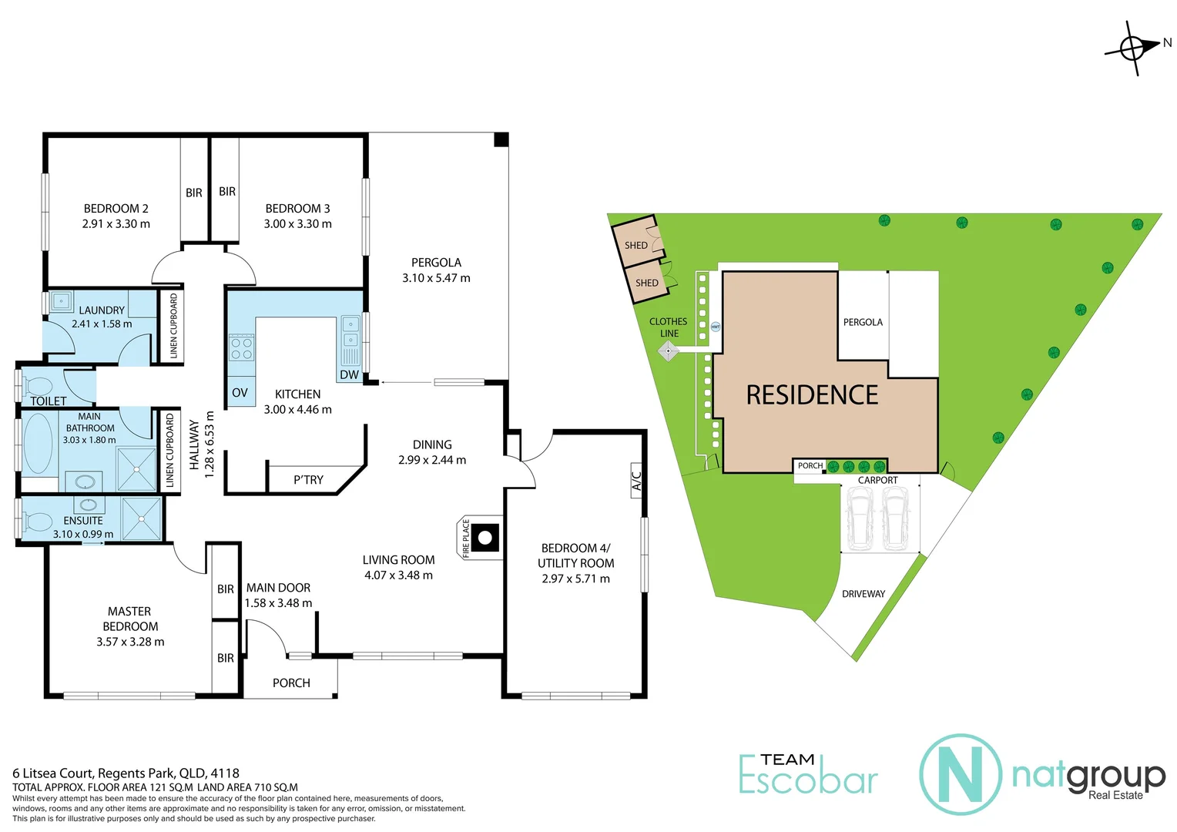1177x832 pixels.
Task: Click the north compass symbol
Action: [x=1132, y=48]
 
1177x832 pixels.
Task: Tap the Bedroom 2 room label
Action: [x=116, y=209]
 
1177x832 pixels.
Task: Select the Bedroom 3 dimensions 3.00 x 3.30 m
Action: [x=297, y=224]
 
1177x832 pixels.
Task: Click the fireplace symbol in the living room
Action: [x=485, y=538]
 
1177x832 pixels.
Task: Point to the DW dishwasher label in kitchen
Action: [x=349, y=375]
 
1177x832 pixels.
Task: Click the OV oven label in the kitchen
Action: [x=240, y=393]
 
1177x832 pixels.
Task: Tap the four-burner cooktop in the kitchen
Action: [x=241, y=347]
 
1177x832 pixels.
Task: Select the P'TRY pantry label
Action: [x=308, y=480]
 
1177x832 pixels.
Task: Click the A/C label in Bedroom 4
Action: [x=636, y=481]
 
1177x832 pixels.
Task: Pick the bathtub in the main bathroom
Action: [x=38, y=444]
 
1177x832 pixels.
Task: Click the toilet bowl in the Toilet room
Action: [x=39, y=385]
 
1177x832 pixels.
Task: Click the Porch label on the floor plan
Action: [x=291, y=683]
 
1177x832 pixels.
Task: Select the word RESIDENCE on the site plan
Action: [x=812, y=395]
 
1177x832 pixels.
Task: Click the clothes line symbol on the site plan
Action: [x=668, y=351]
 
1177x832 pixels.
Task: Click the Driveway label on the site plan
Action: [x=863, y=594]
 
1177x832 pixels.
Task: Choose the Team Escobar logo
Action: [x=808, y=774]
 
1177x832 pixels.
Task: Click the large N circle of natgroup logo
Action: [x=961, y=774]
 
